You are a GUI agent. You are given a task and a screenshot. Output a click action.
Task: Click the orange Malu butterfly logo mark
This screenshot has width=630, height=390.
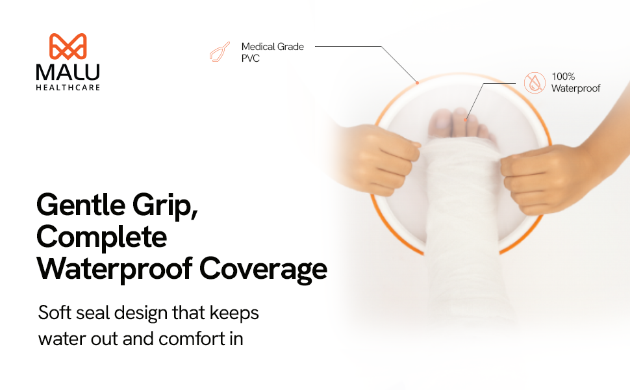(68, 46)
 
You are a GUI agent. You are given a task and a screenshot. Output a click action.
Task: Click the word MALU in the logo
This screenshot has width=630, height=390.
(68, 72)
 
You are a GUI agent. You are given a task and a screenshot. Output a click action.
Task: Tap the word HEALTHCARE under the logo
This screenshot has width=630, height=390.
(68, 87)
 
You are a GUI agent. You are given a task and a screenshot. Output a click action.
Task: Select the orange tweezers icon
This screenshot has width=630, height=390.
(220, 52)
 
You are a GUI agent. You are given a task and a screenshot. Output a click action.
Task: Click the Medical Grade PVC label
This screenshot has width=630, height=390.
(272, 52)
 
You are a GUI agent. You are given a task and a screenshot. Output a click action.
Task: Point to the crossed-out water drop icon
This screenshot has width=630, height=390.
(535, 83)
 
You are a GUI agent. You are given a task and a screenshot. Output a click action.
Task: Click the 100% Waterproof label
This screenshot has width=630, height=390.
(575, 83)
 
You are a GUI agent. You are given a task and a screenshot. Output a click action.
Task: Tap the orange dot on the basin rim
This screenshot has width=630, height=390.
(418, 83)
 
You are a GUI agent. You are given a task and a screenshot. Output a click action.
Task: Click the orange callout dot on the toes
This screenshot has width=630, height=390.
(465, 120)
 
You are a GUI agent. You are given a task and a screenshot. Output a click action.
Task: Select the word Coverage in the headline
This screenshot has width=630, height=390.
(263, 269)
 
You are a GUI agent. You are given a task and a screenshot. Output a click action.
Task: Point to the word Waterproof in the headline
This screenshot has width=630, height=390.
(114, 269)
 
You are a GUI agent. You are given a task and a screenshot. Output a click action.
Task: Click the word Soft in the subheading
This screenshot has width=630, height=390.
(55, 313)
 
